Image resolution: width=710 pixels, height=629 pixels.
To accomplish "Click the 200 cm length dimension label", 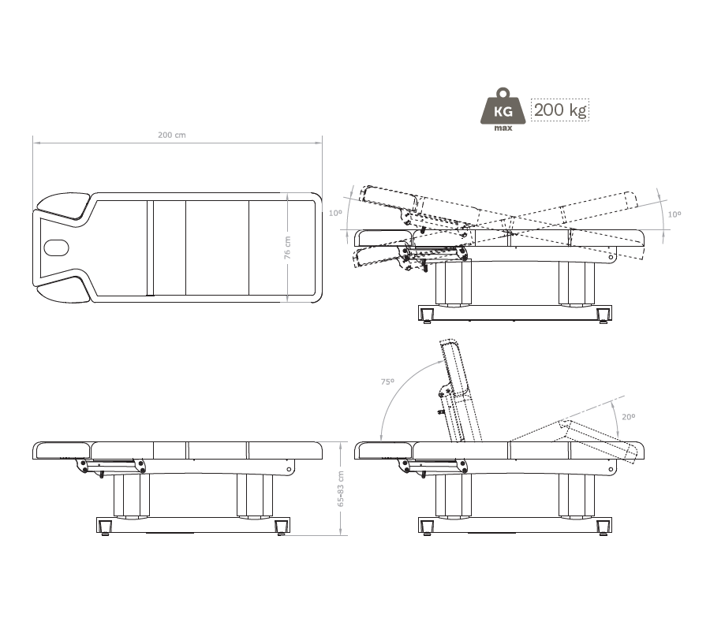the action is [x=172, y=135].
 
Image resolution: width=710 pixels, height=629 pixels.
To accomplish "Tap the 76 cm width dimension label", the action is [x=287, y=248].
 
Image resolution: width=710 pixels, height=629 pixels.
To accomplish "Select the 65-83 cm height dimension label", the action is [x=341, y=489].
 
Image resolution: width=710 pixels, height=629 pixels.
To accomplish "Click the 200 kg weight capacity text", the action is [x=560, y=110].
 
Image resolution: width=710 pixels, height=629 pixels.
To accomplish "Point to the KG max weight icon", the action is [x=503, y=110].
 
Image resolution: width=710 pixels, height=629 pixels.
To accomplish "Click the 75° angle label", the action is [x=387, y=382].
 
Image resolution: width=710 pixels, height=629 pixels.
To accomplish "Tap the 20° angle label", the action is [x=629, y=417].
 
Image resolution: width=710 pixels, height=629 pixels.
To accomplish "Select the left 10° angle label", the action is [x=335, y=213].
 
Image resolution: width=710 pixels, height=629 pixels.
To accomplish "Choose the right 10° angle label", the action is [x=674, y=214].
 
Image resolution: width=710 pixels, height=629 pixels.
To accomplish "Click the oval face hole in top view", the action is [x=57, y=248].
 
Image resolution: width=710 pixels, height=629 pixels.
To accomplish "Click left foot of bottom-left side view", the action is [x=105, y=527].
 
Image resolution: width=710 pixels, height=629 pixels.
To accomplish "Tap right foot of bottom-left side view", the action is [x=281, y=527].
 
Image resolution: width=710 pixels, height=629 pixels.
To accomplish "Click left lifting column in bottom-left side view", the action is [x=131, y=496].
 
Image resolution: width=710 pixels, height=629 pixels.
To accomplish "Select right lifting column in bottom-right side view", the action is [x=577, y=496].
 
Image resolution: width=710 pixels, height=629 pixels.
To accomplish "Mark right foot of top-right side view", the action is [x=603, y=315].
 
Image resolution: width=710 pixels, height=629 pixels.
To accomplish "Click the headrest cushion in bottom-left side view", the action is [x=62, y=450].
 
